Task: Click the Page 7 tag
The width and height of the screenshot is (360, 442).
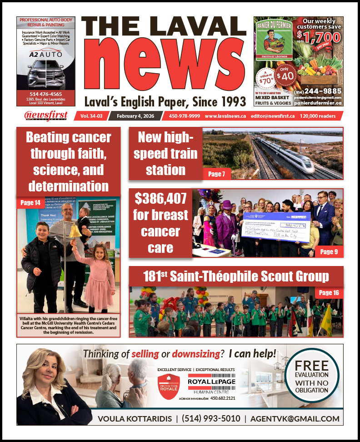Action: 216,173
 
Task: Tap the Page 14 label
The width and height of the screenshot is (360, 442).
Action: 30,202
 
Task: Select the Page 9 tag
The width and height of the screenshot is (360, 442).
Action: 329,251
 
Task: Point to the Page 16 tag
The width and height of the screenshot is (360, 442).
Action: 329,292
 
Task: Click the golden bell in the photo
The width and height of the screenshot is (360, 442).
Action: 75,230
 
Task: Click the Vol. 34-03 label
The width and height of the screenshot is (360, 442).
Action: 91,116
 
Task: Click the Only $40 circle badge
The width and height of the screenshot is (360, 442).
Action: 284,74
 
